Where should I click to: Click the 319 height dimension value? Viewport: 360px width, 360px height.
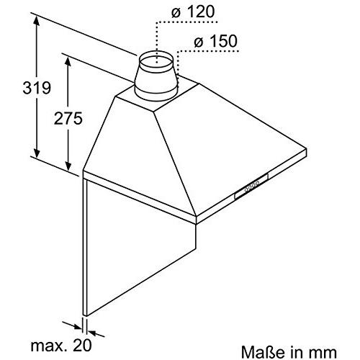pos(37,88)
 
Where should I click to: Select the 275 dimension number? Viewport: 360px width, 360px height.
pos(68,118)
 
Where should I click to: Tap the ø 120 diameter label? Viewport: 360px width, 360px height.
pos(192,12)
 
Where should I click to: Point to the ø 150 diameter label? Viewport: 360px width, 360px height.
pos(215,41)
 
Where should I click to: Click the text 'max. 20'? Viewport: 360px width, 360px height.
pos(61,345)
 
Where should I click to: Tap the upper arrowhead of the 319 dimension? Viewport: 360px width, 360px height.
pos(37,22)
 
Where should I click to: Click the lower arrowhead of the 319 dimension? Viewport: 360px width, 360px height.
pos(37,153)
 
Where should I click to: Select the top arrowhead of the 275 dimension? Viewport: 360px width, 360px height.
pos(68,62)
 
